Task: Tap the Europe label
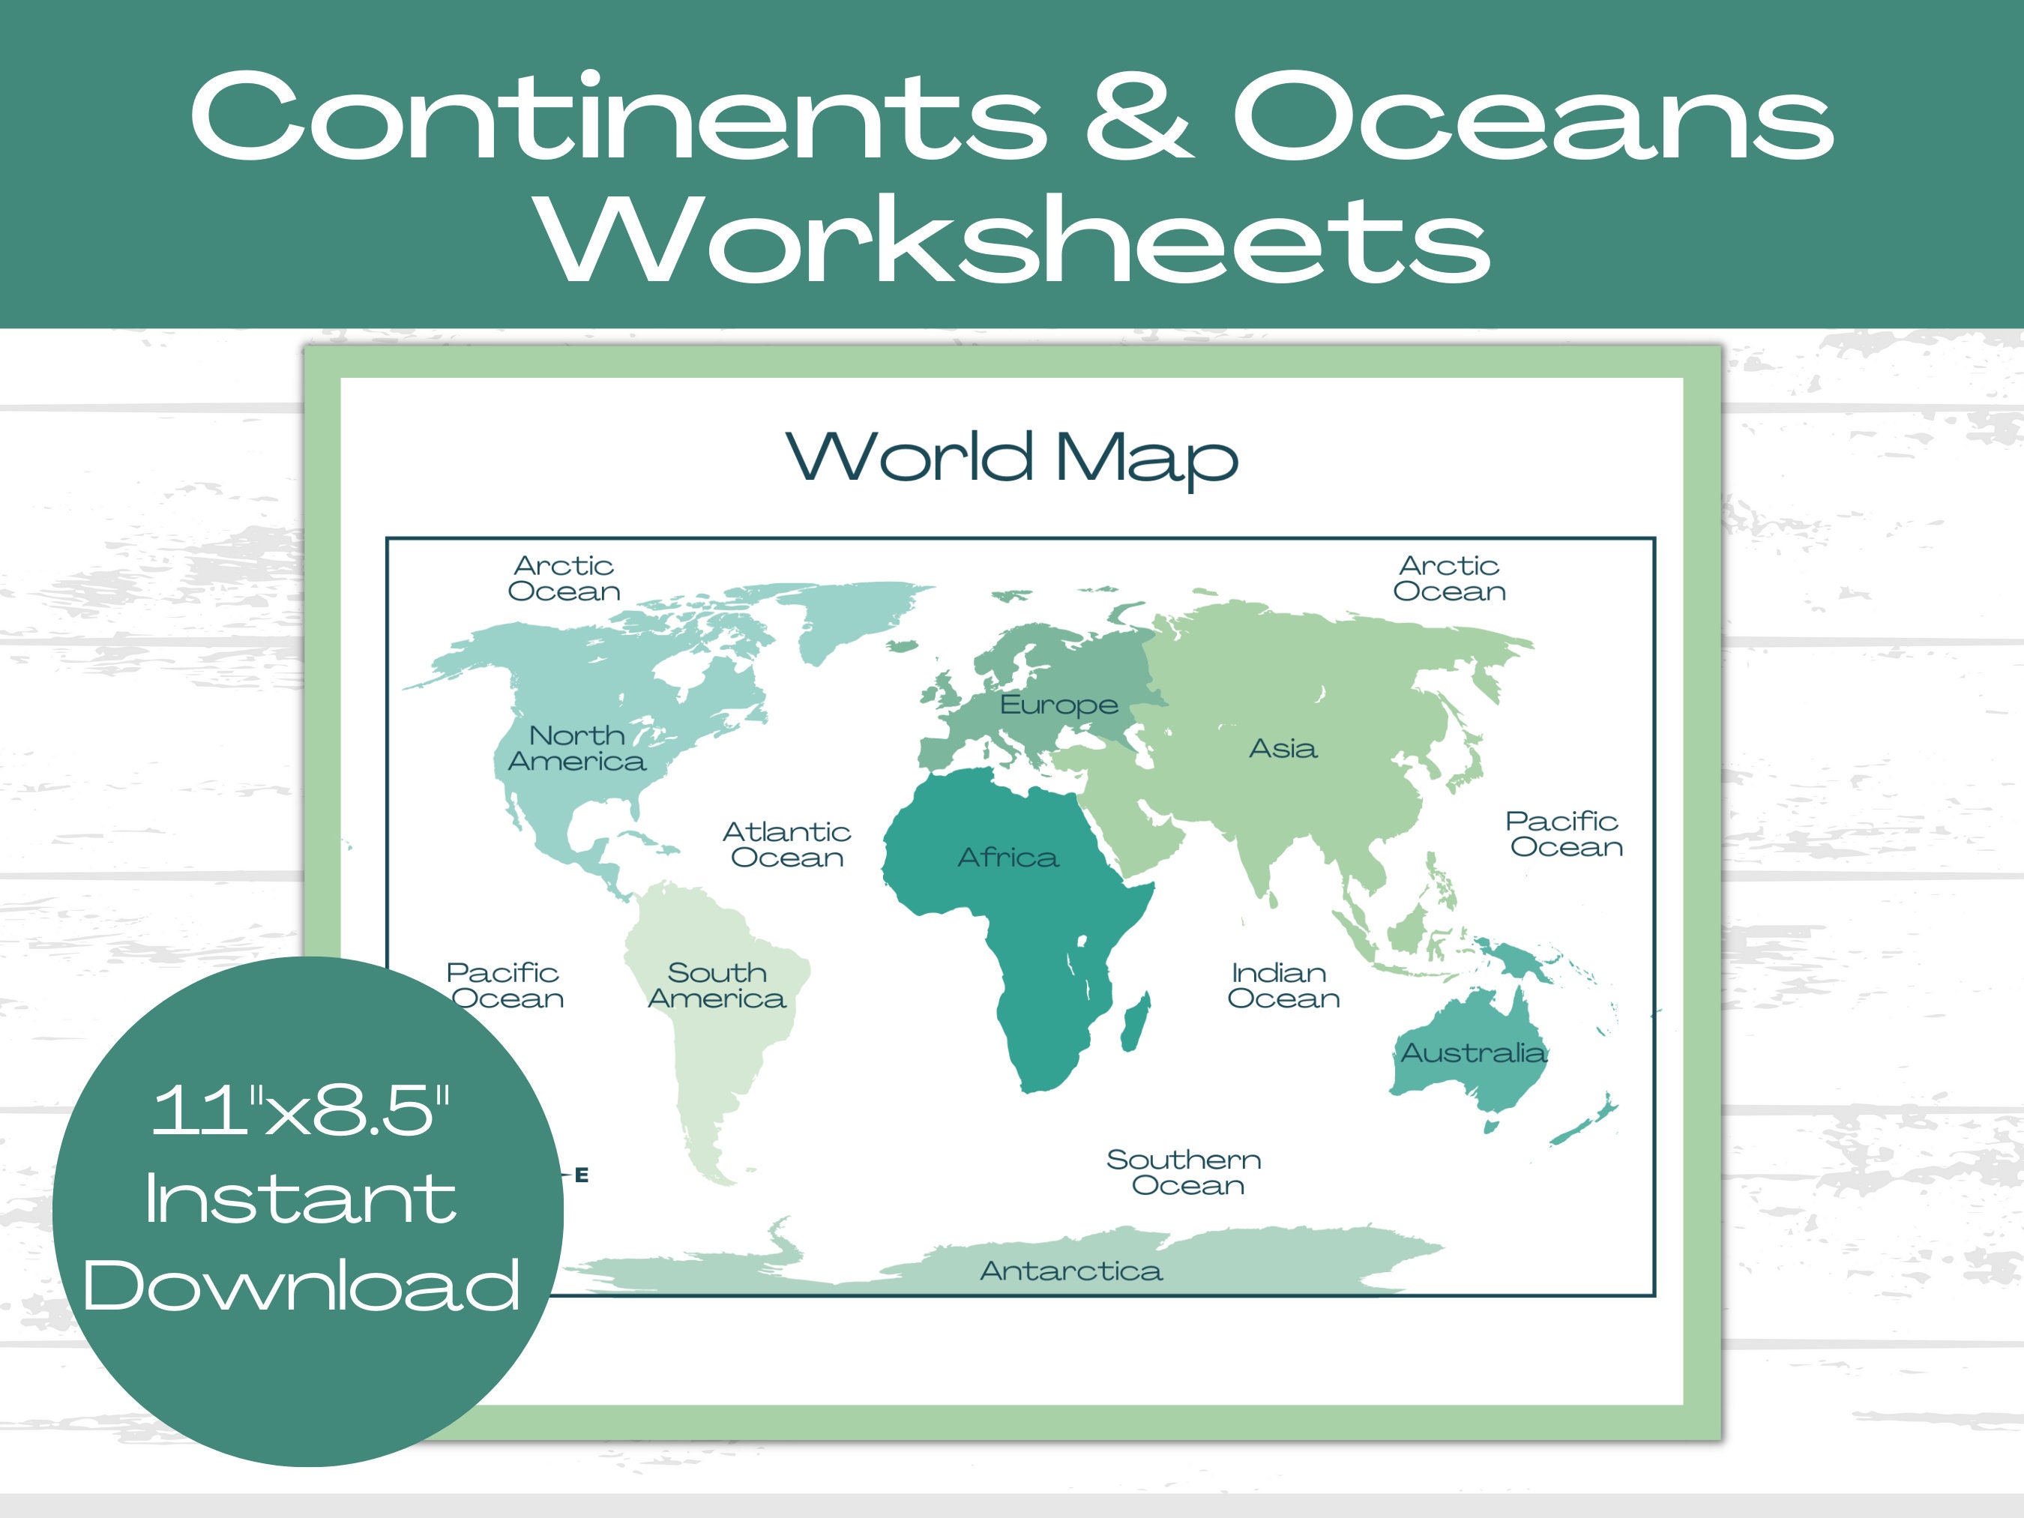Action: coord(1058,704)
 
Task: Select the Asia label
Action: coord(1283,748)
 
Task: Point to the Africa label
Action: coord(1008,858)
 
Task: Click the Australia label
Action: coord(1473,1052)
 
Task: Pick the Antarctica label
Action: coord(1070,1271)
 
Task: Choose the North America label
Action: coord(576,748)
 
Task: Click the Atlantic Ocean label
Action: coord(787,845)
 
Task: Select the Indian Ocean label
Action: coord(1283,986)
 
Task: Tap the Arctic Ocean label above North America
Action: coord(564,578)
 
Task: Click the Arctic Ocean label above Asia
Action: coord(1449,578)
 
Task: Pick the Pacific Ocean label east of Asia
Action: coord(1564,834)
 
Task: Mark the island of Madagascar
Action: coord(1136,1023)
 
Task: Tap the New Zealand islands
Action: coord(1588,1121)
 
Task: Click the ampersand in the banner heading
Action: coord(1139,117)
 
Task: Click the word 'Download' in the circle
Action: coord(302,1286)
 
